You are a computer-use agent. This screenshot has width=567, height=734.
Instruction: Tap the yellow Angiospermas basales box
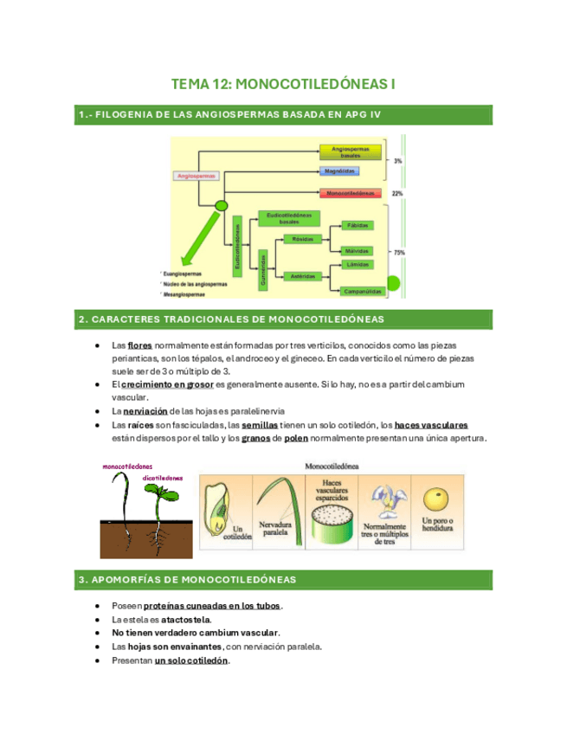click(351, 151)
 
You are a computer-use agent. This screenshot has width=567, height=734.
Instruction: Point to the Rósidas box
click(302, 238)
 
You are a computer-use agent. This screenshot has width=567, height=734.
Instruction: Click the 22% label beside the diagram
click(397, 193)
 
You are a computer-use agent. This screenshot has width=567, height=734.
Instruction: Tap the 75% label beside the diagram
click(398, 253)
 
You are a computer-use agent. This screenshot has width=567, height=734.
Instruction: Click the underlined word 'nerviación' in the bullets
click(144, 411)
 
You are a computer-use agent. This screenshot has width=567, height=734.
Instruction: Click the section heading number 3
click(81, 578)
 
